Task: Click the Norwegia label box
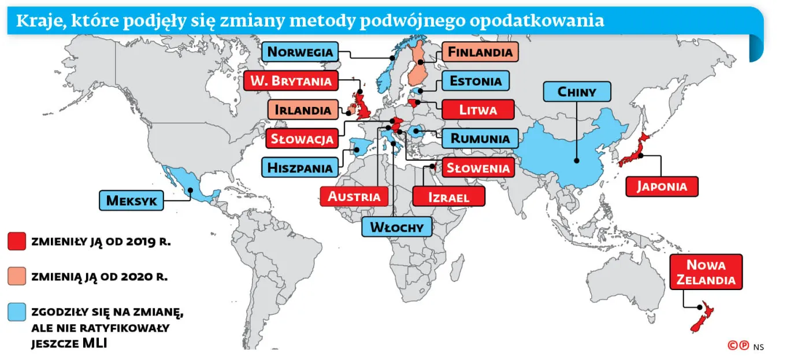pos(300,51)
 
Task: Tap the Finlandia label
pos(480,52)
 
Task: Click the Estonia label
pos(476,80)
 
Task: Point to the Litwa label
pos(477,109)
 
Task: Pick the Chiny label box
pos(576,91)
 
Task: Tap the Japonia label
pos(662,186)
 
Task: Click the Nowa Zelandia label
pos(706,272)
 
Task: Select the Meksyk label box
pos(131,201)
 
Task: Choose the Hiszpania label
pos(300,168)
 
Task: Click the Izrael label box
pos(448,196)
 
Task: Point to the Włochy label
pos(396,227)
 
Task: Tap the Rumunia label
pos(480,138)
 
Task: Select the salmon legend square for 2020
pos(17,276)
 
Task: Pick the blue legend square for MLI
pos(17,312)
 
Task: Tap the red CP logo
pos(738,346)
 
